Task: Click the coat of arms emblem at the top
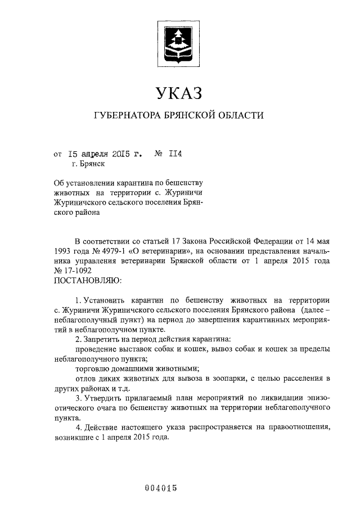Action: [x=178, y=43]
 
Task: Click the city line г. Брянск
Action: [x=88, y=164]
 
